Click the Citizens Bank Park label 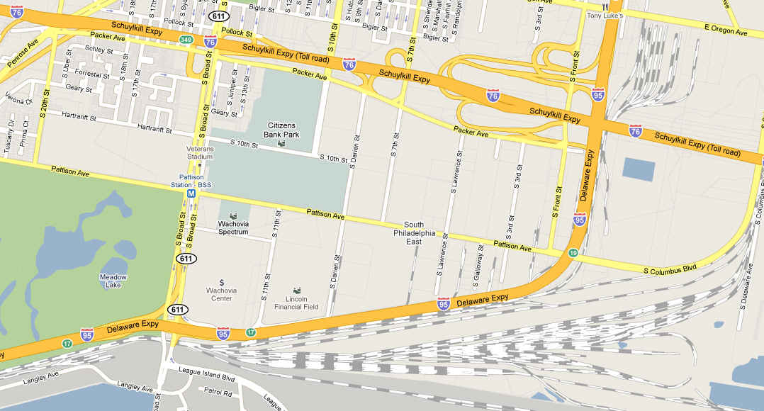[282, 130]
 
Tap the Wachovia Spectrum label [232, 227]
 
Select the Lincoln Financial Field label [296, 303]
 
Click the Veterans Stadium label [200, 152]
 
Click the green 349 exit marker [186, 40]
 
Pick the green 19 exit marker [571, 252]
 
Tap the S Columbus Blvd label [670, 270]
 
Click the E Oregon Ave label [726, 33]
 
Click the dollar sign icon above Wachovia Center [222, 282]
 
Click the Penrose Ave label [22, 53]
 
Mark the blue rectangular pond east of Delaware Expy [639, 169]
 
